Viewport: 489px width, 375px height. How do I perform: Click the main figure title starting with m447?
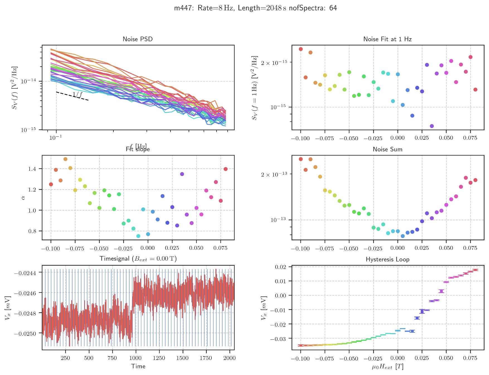(255, 8)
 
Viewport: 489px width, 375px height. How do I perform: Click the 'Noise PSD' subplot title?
(138, 39)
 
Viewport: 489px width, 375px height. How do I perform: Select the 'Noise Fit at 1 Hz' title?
(387, 39)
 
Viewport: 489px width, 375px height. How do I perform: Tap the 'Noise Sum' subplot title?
(387, 149)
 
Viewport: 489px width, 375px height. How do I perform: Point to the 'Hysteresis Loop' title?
(387, 259)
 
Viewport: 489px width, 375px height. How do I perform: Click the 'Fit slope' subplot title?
(138, 149)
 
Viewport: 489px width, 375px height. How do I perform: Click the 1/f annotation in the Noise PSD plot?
(77, 95)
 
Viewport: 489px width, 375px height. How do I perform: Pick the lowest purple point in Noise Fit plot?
(432, 126)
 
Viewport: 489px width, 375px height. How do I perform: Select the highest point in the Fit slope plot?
(65, 159)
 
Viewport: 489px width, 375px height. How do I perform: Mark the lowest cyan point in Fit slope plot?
(138, 236)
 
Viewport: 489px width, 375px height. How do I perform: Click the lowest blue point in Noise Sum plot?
(403, 236)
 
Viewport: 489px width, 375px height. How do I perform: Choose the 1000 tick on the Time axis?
(136, 358)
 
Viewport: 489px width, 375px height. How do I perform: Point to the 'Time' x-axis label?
(138, 366)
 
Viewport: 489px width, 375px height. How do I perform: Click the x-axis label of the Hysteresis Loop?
(387, 367)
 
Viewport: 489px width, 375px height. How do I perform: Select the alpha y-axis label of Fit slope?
(23, 197)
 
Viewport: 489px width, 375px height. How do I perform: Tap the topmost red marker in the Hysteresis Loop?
(475, 270)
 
